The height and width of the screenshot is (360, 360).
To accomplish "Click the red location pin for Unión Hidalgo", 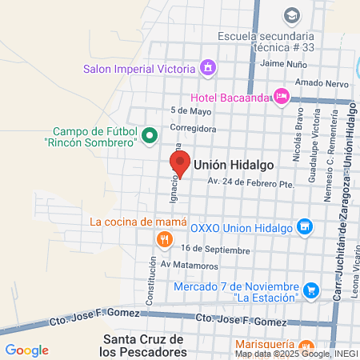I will (x=180, y=165).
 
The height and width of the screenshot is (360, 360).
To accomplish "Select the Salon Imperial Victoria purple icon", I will (x=208, y=67).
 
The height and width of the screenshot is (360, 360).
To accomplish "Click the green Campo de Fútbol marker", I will (x=150, y=136).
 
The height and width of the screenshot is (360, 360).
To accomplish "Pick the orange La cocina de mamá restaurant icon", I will (x=163, y=238).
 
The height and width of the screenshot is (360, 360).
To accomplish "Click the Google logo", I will (x=26, y=350).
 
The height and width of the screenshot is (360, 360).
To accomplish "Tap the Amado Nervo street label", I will (x=318, y=83).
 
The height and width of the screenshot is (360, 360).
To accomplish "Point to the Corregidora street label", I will (x=193, y=127).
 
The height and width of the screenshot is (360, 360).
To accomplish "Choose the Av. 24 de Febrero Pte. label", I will (x=251, y=182).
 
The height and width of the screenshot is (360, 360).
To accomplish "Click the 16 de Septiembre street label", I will (x=210, y=249).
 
